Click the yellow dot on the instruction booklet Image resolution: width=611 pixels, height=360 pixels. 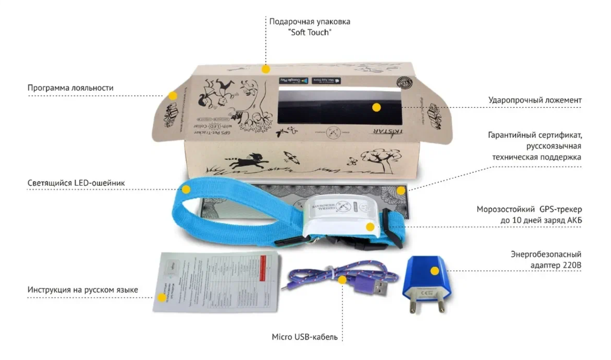(x=161, y=297)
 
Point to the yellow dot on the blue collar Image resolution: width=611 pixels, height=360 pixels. (x=186, y=190)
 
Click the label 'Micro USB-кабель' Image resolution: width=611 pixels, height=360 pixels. (x=305, y=337)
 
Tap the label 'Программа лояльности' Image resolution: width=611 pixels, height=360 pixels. (x=70, y=88)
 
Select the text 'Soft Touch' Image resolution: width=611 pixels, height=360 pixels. (x=310, y=32)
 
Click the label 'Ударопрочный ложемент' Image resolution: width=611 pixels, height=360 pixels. (x=535, y=100)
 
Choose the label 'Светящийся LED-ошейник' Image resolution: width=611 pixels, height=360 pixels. (x=76, y=183)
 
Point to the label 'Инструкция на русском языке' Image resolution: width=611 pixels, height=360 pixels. (x=82, y=290)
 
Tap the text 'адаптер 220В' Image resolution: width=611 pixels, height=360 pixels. (x=555, y=265)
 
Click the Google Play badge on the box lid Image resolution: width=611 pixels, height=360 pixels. (x=293, y=80)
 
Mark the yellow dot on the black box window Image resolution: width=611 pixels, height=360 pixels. (x=376, y=108)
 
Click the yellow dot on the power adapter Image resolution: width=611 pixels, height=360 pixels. (x=434, y=271)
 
